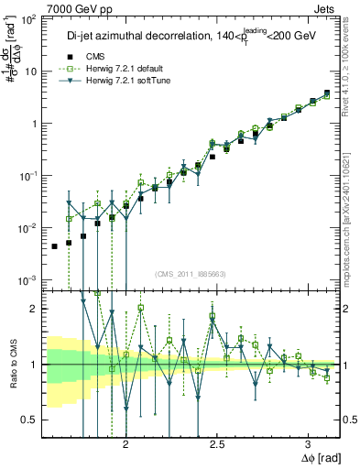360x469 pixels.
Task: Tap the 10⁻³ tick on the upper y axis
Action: [30, 279]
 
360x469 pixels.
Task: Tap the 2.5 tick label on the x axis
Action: [218, 444]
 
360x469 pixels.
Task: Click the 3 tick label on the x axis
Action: [310, 444]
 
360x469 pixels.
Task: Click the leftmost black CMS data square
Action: [54, 246]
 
